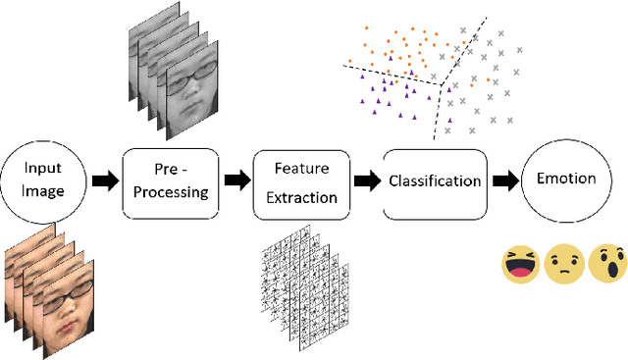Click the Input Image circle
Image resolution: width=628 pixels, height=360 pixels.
pyautogui.click(x=40, y=180)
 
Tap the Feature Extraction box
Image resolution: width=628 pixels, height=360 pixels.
pyautogui.click(x=302, y=183)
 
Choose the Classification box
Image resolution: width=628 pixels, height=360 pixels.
pyautogui.click(x=435, y=181)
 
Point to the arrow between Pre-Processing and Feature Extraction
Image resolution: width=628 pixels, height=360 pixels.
pyautogui.click(x=235, y=180)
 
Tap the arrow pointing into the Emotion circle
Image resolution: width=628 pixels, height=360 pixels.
pyautogui.click(x=505, y=180)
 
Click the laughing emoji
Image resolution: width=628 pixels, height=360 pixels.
pyautogui.click(x=520, y=264)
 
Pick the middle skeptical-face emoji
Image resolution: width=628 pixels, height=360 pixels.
pyautogui.click(x=563, y=264)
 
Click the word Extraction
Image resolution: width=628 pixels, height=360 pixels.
pyautogui.click(x=302, y=197)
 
